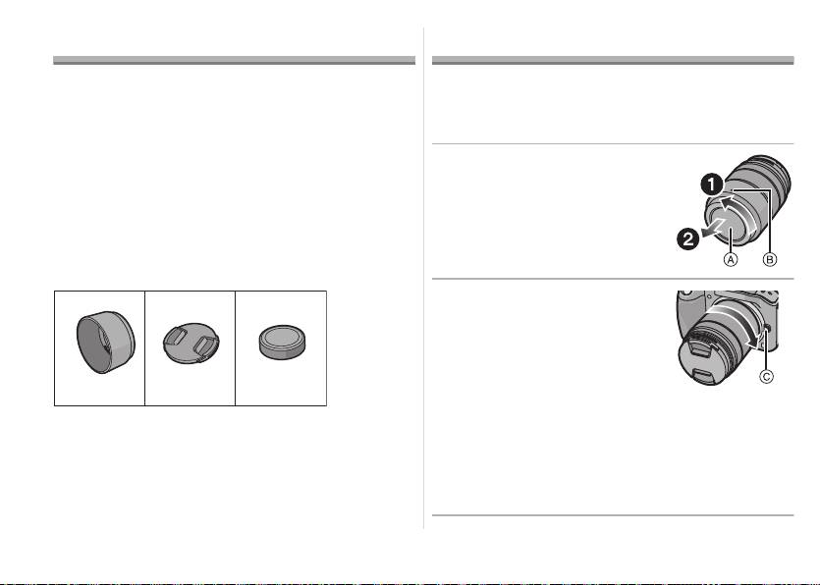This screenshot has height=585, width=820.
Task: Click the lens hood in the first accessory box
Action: tap(106, 342)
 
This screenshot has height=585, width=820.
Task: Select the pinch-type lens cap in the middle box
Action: tap(191, 343)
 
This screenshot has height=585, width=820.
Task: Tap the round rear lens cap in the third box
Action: tap(283, 343)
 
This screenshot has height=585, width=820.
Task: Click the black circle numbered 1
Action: tap(712, 186)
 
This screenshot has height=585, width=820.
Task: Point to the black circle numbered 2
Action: tap(688, 239)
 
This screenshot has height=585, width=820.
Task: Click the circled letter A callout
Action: tap(730, 259)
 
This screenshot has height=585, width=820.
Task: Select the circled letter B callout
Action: tap(769, 259)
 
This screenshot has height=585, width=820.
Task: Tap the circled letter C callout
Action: tap(766, 376)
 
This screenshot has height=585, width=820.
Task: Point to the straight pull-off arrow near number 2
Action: tap(715, 228)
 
